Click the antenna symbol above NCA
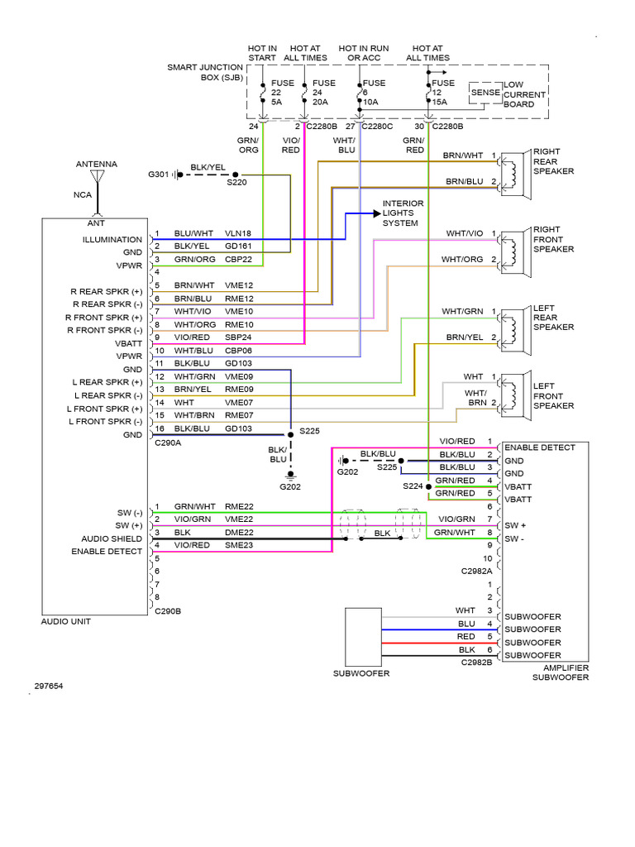(x=98, y=178)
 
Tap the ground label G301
(x=157, y=175)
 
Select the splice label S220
(x=237, y=183)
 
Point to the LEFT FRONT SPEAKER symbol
(x=517, y=390)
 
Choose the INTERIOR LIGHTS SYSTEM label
(x=402, y=213)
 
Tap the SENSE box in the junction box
(x=485, y=93)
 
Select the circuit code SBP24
(x=238, y=338)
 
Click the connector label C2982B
(x=479, y=662)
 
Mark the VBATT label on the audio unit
(x=128, y=342)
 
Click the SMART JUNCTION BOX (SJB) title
(x=205, y=72)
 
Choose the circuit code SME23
(x=238, y=545)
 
